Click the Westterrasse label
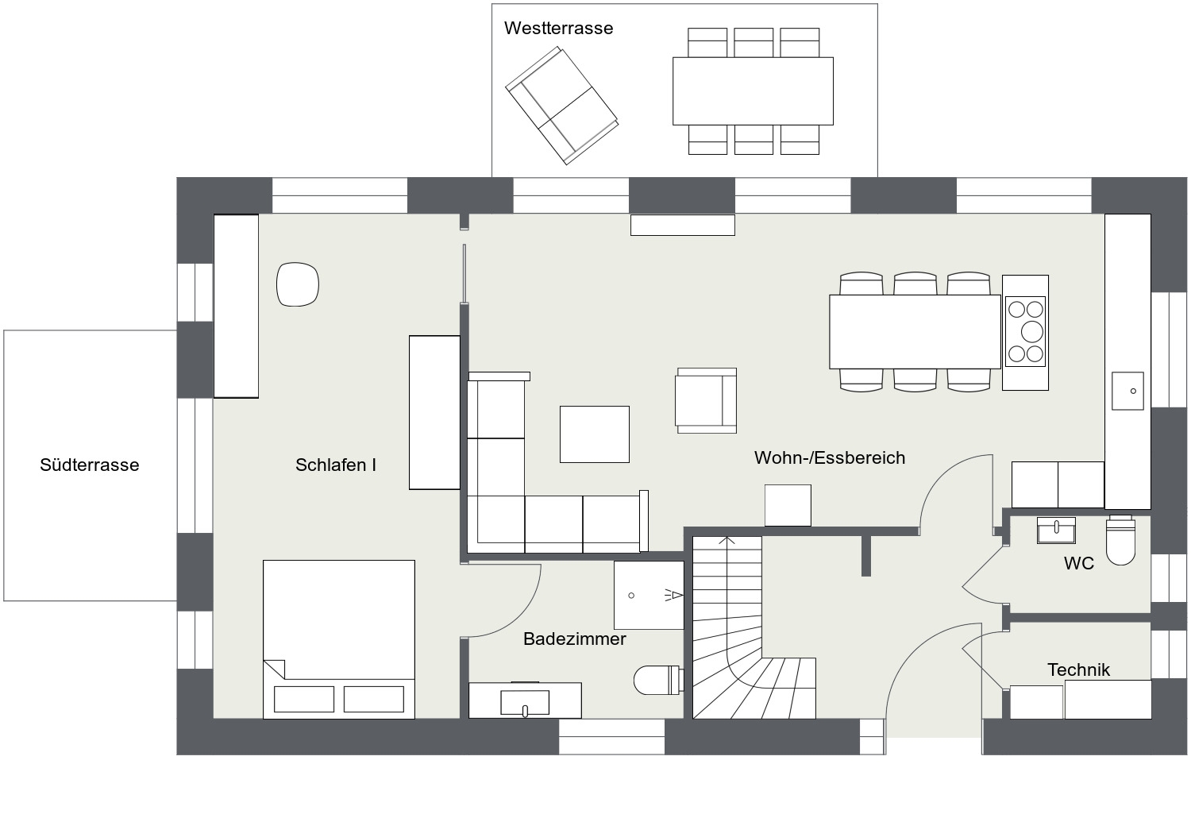pos(558,28)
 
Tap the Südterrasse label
pos(89,465)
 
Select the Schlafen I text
pos(336,465)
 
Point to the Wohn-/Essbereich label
pos(830,458)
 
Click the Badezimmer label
pos(574,639)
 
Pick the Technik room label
pos(1078,669)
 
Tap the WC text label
pos(1079,563)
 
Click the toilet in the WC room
pos(1120,540)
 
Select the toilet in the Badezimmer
pos(658,680)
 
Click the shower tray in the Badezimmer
pos(649,595)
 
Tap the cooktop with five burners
pos(1025,331)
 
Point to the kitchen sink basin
pos(1127,391)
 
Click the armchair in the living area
pos(706,400)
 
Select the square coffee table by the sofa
pos(595,434)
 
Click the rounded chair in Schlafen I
pos(298,284)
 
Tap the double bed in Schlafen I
pos(339,639)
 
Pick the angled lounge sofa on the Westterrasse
pos(561,106)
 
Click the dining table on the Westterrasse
pos(753,91)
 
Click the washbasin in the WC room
pos(1056,531)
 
